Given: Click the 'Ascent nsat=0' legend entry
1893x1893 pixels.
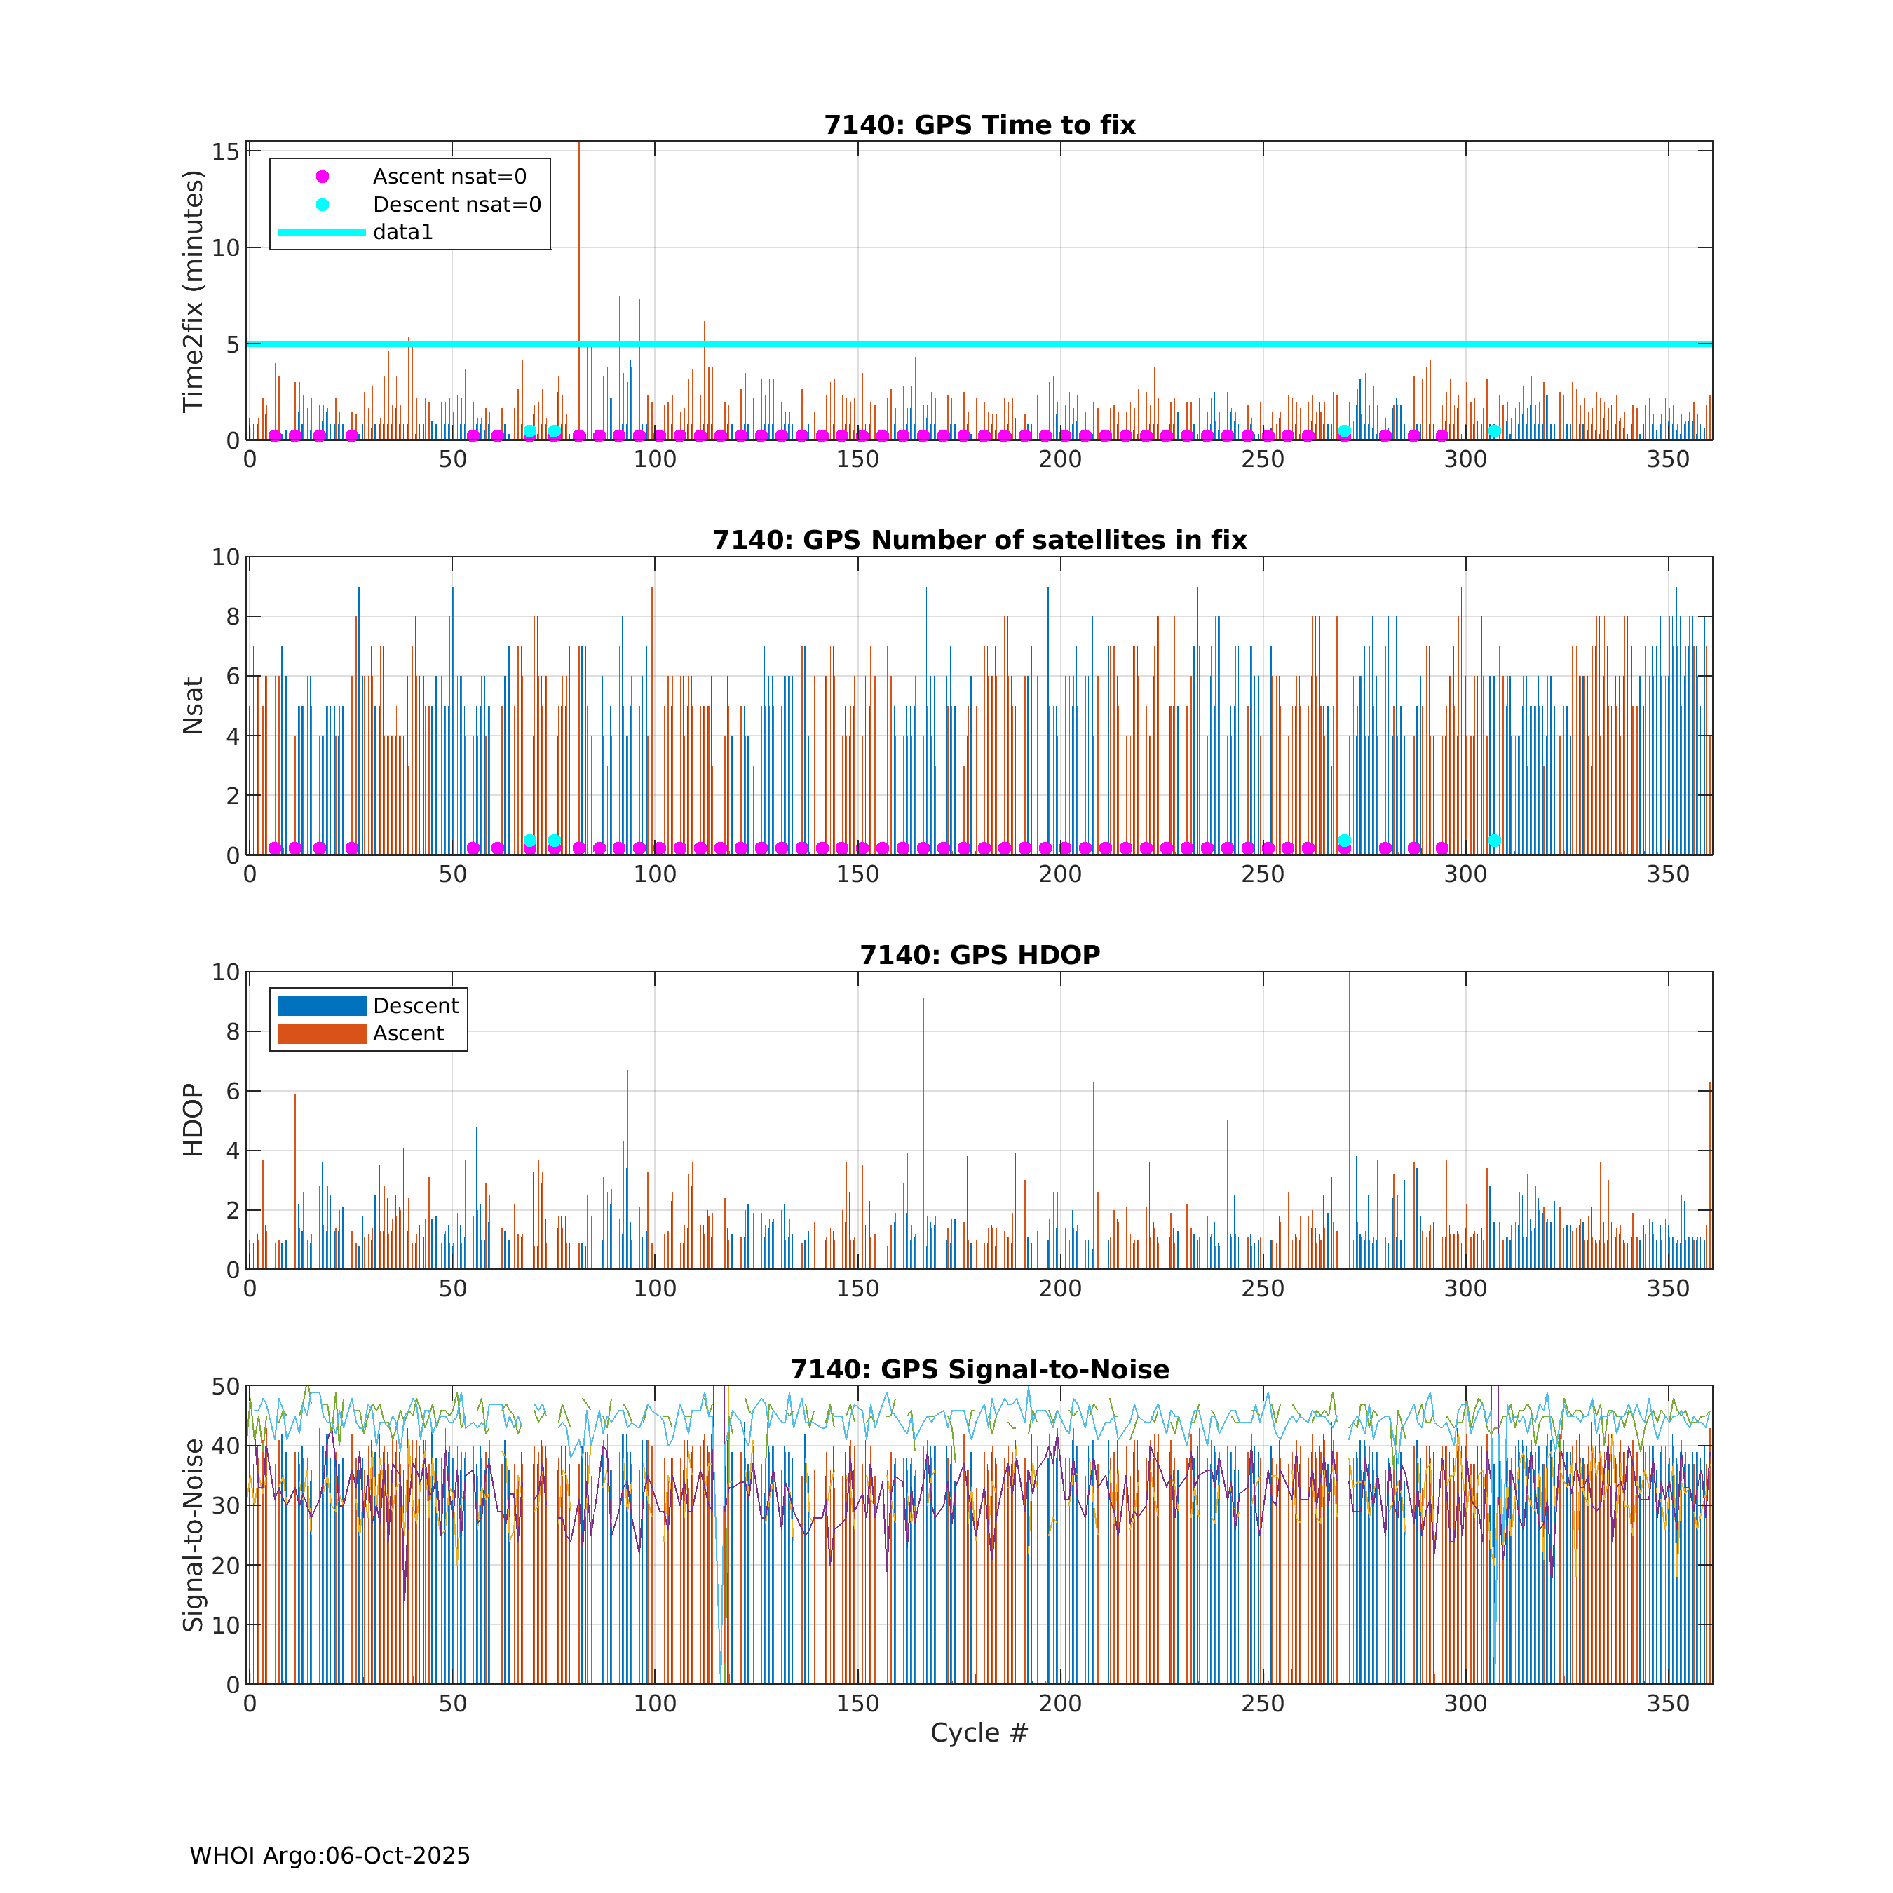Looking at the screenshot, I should click(449, 177).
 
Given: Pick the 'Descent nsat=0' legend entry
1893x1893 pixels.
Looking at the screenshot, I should click(456, 205).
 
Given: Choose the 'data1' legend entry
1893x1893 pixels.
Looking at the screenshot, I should click(402, 232).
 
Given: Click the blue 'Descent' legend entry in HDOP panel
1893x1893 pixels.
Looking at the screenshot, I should click(416, 1005).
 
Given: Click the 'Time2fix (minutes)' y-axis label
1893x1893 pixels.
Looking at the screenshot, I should click(193, 291).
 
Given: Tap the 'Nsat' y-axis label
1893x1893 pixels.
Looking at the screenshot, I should click(193, 705).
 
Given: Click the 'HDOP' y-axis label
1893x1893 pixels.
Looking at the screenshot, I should click(193, 1120).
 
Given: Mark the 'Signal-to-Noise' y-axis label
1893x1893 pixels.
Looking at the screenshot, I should click(193, 1535).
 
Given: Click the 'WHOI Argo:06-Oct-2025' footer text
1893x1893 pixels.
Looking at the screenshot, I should click(330, 1856).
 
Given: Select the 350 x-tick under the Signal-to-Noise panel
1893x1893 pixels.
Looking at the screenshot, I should click(1668, 1703).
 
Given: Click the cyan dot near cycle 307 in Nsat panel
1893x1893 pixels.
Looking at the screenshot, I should click(1494, 841).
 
